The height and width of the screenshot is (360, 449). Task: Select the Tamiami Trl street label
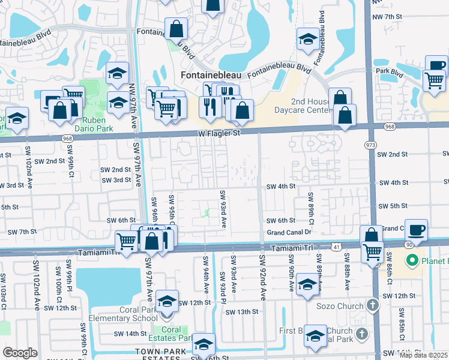291,248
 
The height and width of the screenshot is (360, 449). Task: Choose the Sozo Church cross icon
372,305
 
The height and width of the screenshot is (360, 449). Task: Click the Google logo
20,353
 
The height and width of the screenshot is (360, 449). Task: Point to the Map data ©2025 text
424,355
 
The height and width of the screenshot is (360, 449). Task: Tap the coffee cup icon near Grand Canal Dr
416,230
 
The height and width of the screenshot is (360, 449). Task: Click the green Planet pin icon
412,262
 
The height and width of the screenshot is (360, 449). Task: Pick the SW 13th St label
241,312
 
